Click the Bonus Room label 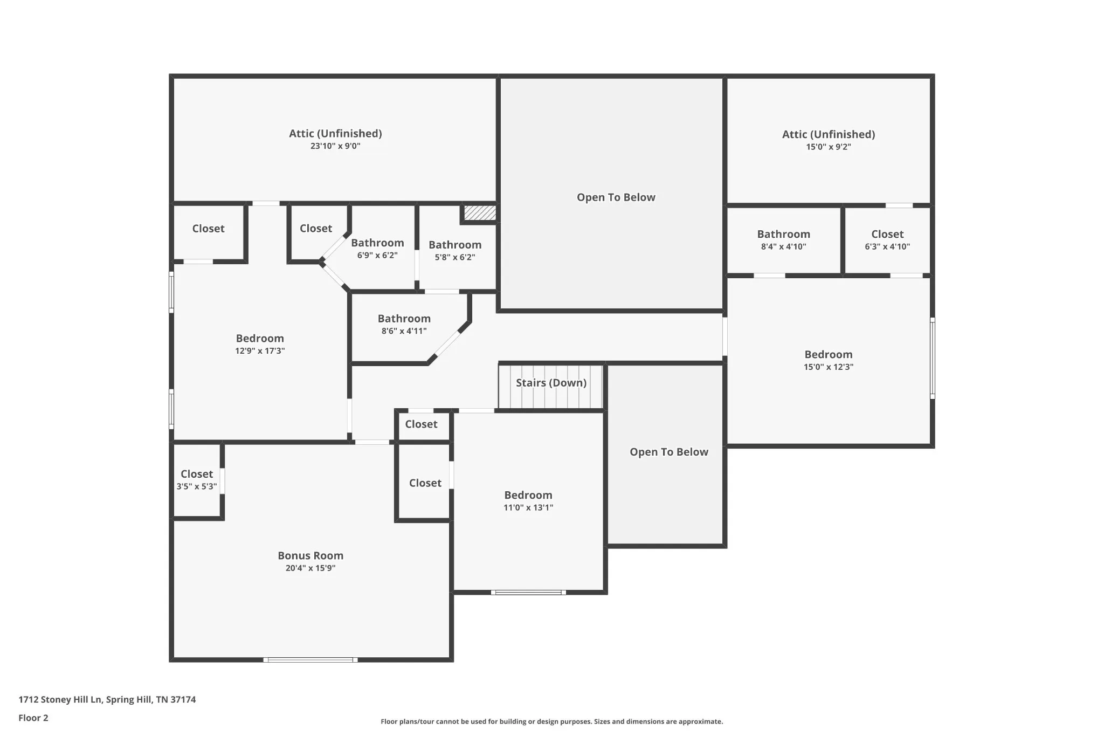(310, 555)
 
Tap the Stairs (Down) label (551, 383)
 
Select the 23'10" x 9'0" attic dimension (335, 146)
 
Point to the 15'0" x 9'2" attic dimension (829, 147)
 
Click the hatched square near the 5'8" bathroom (480, 212)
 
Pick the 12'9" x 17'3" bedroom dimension (260, 351)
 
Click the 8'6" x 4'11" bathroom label (404, 319)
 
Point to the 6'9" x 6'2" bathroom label (377, 243)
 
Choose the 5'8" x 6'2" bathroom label (455, 245)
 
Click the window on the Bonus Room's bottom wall (310, 660)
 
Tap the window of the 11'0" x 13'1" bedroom (528, 593)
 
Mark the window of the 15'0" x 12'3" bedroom (933, 358)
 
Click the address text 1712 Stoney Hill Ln (60, 700)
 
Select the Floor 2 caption (33, 718)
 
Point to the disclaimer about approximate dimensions (552, 721)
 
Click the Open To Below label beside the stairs (669, 452)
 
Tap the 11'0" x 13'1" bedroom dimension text (528, 507)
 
